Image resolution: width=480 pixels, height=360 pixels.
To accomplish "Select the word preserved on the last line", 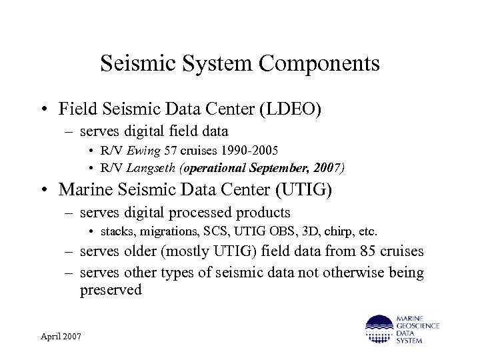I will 111,290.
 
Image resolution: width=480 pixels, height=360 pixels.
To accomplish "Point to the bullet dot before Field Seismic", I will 45,109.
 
